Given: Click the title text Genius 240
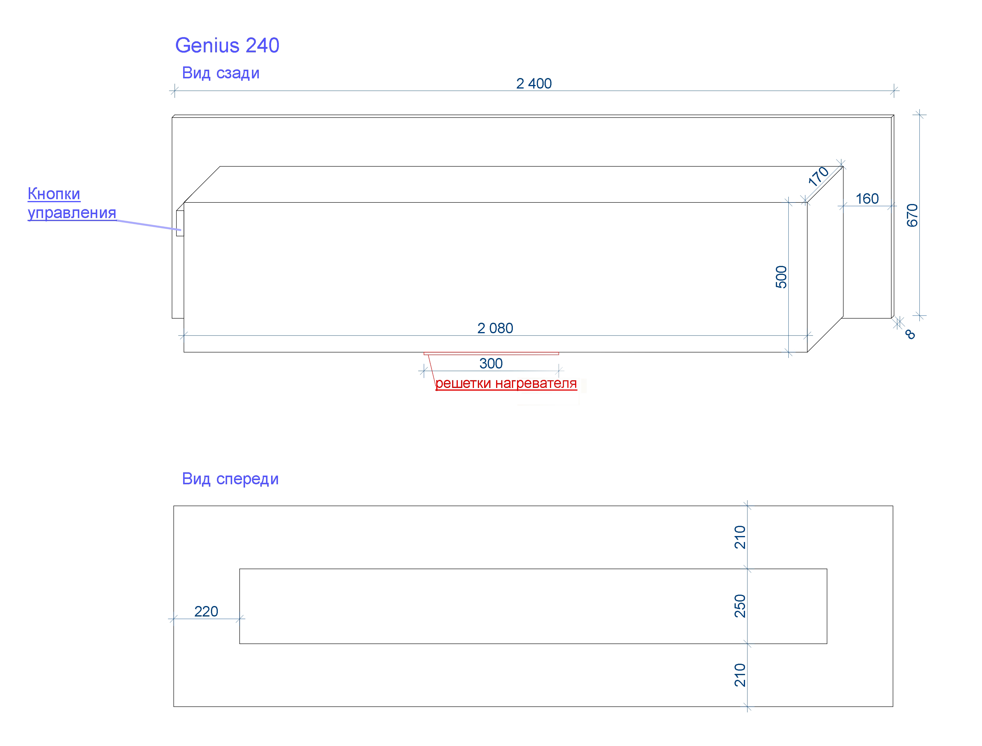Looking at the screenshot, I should tap(227, 45).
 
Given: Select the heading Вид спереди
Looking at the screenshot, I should tap(230, 479).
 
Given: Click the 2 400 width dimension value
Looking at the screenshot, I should tap(533, 83).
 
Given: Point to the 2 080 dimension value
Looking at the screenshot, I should tap(495, 328).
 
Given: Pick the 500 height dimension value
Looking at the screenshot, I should tap(781, 277).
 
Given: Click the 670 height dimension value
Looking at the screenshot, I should tap(912, 215).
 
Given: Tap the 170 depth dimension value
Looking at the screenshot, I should tap(818, 176).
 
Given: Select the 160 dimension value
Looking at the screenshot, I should tap(867, 199).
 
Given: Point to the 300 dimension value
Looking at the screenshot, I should tap(491, 363).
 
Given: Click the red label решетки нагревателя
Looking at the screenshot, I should tap(506, 383).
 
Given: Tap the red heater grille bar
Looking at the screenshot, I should tap(491, 354).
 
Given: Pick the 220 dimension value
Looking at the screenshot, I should tap(206, 611).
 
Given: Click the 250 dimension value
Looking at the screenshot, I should tap(740, 606).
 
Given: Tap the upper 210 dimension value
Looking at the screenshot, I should tap(740, 537).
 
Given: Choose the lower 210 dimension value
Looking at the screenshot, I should tap(740, 675).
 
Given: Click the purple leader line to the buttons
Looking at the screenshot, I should tap(149, 225).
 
